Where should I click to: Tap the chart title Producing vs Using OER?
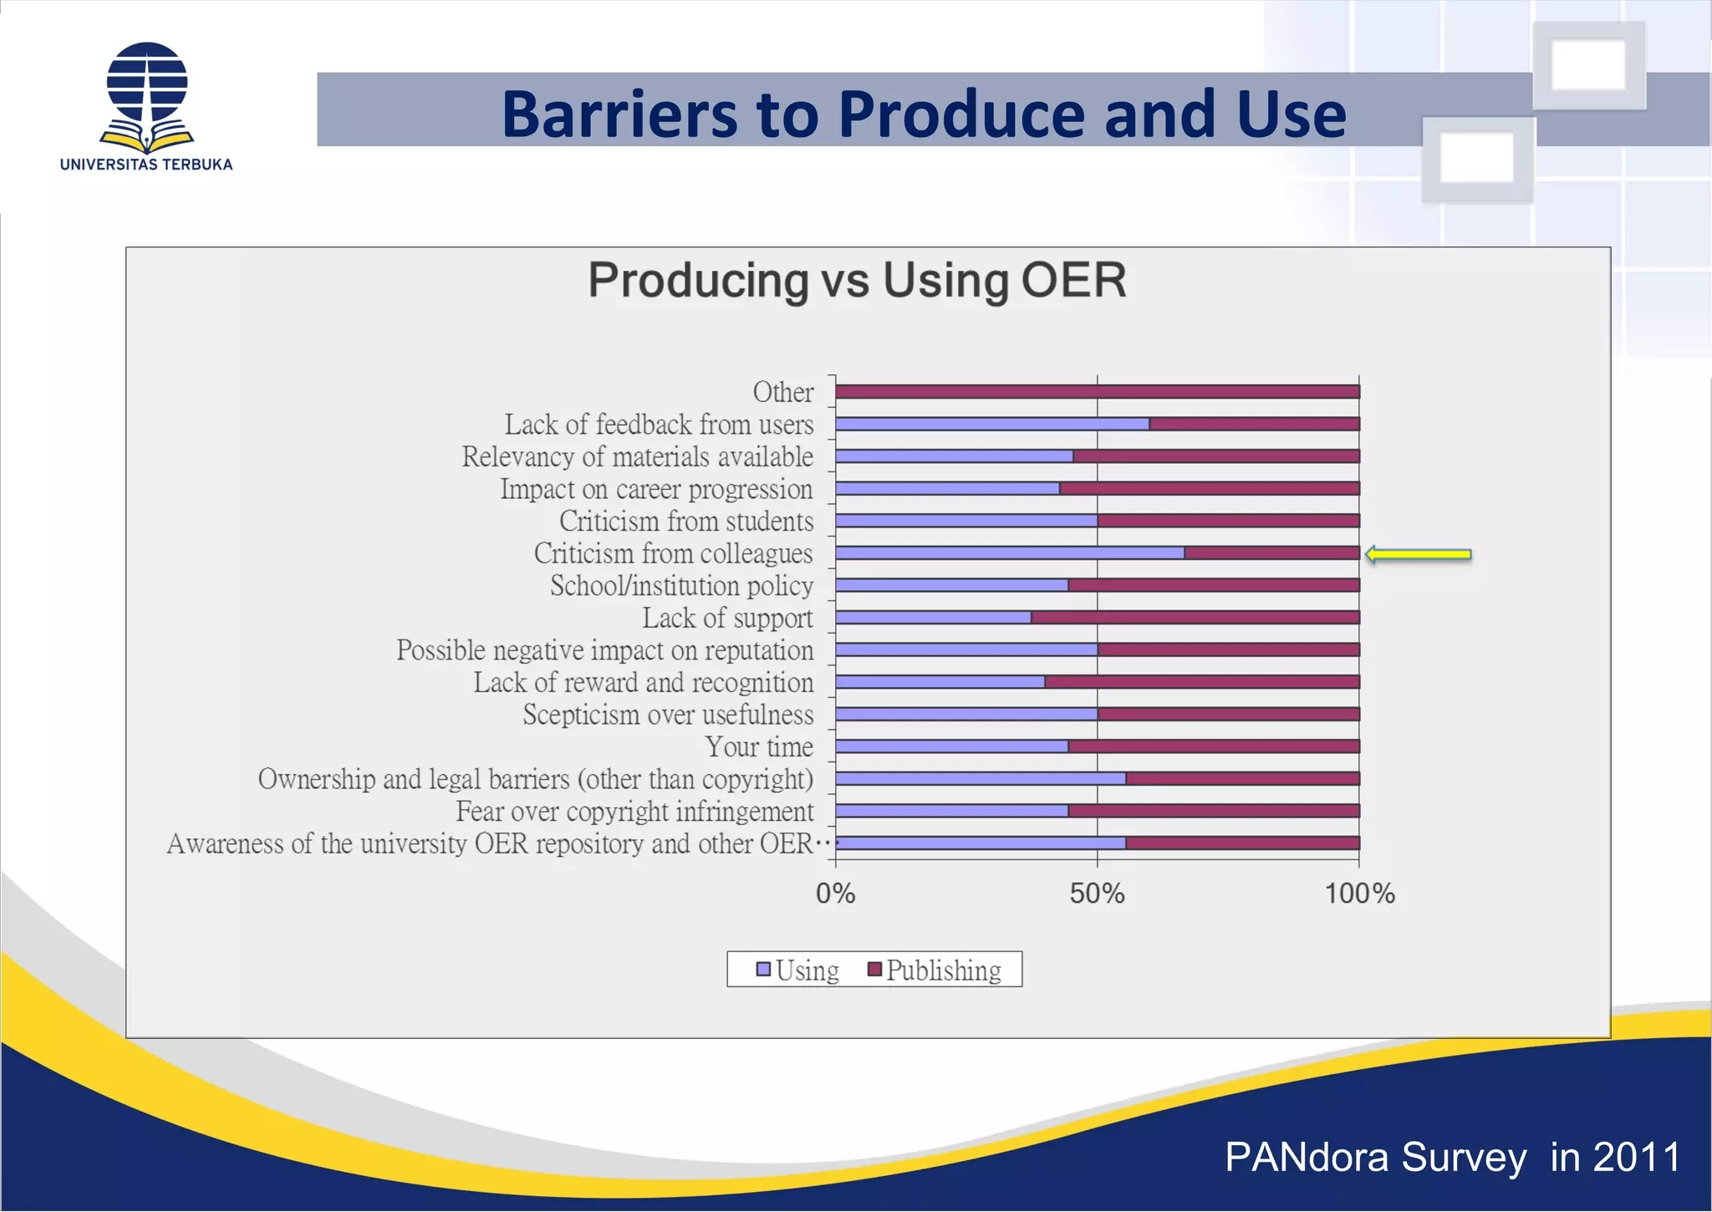[x=857, y=280]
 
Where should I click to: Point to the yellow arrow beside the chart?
[x=1419, y=554]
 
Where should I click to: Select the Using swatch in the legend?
[x=763, y=970]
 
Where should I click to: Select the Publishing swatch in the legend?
[x=874, y=970]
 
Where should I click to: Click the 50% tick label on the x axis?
[x=1097, y=894]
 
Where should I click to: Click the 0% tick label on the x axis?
[x=835, y=894]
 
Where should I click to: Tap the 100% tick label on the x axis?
[x=1359, y=894]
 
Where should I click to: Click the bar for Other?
[x=1097, y=391]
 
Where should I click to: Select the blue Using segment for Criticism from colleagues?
[x=1009, y=553]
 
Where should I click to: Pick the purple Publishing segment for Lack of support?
[x=1195, y=618]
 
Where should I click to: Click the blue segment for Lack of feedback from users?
[x=992, y=424]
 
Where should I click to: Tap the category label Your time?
[x=759, y=746]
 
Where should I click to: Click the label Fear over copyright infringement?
[x=634, y=812]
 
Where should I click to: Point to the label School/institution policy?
[x=681, y=586]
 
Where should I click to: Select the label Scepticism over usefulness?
[x=668, y=715]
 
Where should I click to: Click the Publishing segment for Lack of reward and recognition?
[x=1201, y=682]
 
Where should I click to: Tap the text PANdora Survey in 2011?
[x=1453, y=1158]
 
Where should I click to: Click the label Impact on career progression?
[x=656, y=489]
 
